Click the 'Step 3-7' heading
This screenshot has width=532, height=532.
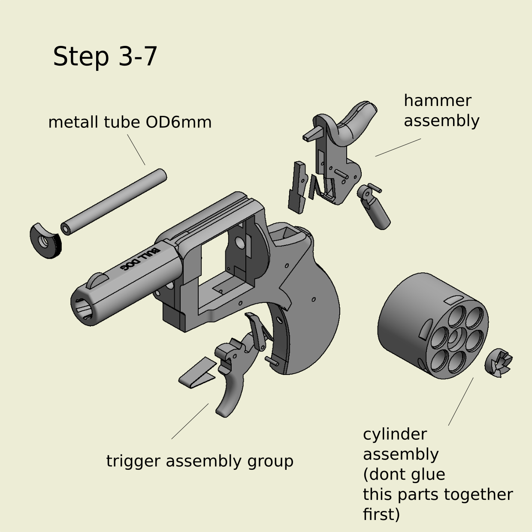pos(105,56)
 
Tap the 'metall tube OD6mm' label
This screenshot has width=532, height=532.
pos(130,122)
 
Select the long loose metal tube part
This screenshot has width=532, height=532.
pos(114,201)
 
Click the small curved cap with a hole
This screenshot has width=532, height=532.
pos(45,241)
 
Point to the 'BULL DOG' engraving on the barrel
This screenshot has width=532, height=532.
pos(139,259)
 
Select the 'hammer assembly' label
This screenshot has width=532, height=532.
pos(441,111)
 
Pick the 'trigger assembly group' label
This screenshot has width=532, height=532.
pos(199,461)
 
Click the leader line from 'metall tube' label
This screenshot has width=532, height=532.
pos(136,149)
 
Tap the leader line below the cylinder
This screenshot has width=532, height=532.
pos(461,402)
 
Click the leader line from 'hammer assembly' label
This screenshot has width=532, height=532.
pos(398,147)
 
